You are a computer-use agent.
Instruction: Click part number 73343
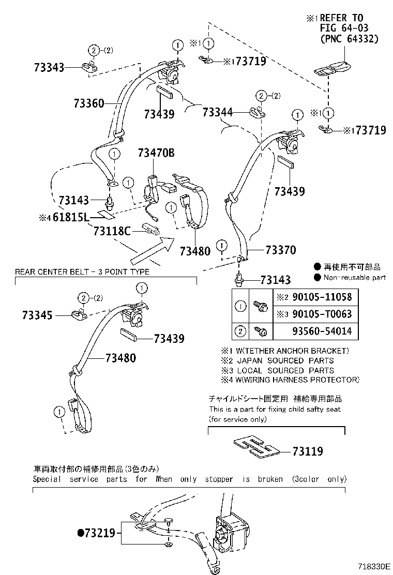pyautogui.click(x=50, y=67)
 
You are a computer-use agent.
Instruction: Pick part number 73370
pyautogui.click(x=280, y=250)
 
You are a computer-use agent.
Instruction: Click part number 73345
pyautogui.click(x=37, y=314)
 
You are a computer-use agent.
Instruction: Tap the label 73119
pyautogui.click(x=307, y=451)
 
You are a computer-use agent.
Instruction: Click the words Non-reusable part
pyautogui.click(x=355, y=277)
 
